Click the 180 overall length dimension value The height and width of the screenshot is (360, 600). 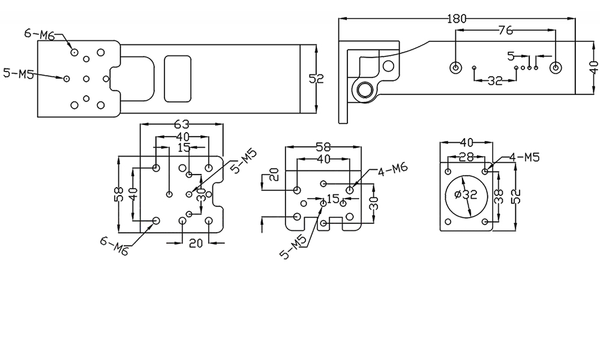(457, 19)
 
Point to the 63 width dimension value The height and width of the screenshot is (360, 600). (181, 125)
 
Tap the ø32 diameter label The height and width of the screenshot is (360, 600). (466, 194)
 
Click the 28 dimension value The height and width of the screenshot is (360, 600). (466, 157)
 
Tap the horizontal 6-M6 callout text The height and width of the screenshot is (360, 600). (39, 34)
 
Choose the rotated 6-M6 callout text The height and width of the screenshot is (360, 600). (114, 246)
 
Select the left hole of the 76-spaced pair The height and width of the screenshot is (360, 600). (456, 67)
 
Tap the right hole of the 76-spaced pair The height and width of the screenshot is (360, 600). (556, 67)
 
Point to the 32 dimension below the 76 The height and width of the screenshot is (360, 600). (494, 81)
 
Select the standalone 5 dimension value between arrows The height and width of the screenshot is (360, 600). (511, 56)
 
